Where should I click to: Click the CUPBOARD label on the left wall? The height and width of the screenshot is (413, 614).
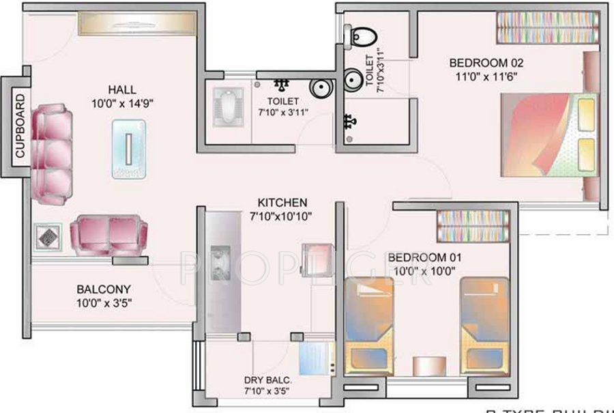(19, 126)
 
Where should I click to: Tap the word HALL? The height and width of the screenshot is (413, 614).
(121, 89)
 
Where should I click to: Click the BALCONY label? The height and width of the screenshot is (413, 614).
(103, 289)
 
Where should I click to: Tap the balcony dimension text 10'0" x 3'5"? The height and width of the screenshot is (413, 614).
(103, 302)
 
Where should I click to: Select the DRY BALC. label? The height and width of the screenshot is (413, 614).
(267, 380)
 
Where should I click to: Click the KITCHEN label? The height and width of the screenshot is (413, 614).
(282, 203)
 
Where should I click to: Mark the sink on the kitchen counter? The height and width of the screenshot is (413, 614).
(219, 262)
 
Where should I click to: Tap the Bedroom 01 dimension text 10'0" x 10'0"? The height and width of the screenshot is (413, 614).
(424, 270)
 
